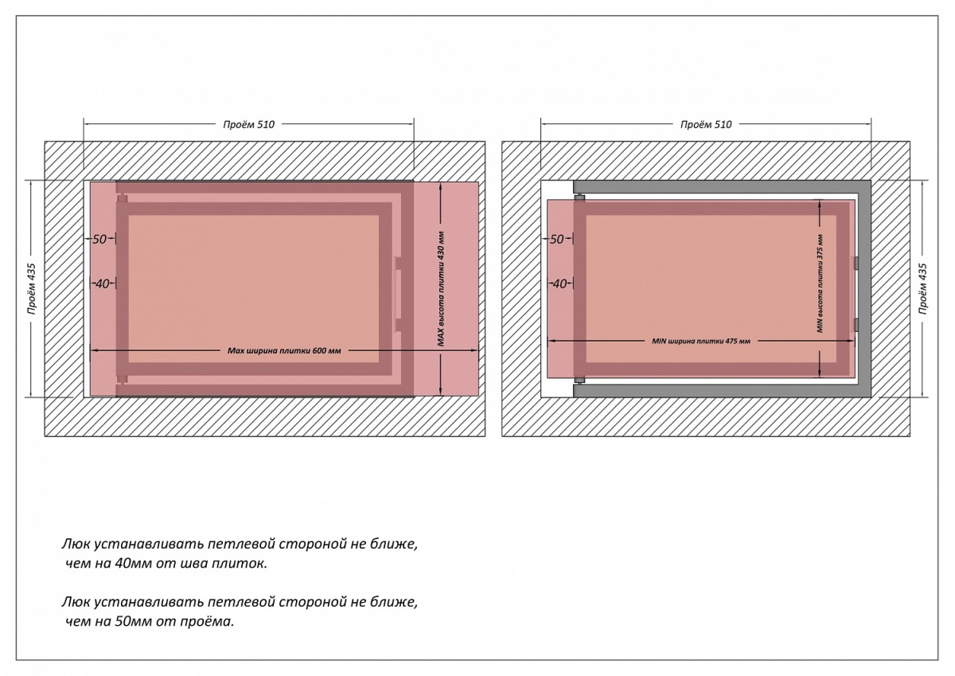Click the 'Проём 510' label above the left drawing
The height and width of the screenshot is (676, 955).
(x=248, y=123)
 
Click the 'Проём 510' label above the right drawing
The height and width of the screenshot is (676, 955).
(x=706, y=123)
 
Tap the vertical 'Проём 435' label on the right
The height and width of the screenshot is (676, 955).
(x=922, y=288)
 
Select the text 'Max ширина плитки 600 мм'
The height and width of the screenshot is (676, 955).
(x=284, y=350)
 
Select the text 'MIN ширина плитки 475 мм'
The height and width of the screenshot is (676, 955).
(x=701, y=341)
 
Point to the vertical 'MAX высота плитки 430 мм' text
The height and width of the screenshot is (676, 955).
(x=441, y=288)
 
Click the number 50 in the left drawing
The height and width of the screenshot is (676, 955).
(x=99, y=238)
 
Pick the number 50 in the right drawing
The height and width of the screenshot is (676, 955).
(x=557, y=238)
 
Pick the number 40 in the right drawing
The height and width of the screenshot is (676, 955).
(x=559, y=283)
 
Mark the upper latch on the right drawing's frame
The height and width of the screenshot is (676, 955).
(x=856, y=263)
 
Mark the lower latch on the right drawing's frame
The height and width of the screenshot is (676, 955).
(x=856, y=324)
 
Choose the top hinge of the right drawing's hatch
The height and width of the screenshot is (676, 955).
(x=580, y=197)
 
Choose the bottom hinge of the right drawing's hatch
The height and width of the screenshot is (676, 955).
(x=580, y=379)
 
